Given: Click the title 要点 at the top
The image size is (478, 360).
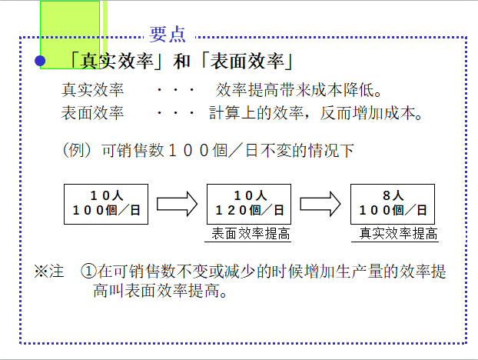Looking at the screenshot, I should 168,34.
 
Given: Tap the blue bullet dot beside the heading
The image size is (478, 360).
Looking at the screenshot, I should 41,61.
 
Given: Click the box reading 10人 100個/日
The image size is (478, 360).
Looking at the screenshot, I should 105,203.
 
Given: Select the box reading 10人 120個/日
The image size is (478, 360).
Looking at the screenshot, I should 249,203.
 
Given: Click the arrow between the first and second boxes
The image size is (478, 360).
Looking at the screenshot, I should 178,204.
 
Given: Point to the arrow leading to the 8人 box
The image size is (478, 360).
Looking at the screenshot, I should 320,204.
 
